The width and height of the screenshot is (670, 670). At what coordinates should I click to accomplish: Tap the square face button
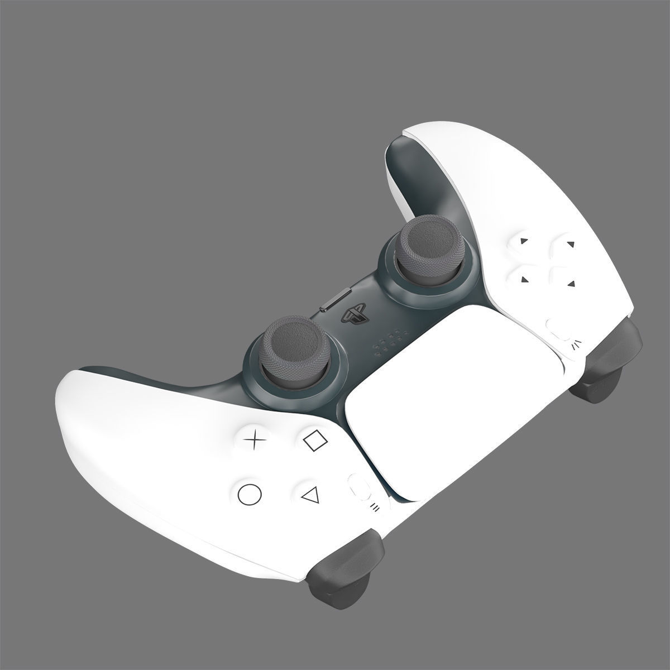pos(316,440)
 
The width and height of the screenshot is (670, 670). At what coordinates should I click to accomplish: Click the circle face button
pos(250,494)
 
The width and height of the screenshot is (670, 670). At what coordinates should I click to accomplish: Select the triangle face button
pos(309,494)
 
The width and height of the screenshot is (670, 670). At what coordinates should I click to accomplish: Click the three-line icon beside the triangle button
pos(375,508)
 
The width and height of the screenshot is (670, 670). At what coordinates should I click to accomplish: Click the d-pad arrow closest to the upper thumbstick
pos(523,242)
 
